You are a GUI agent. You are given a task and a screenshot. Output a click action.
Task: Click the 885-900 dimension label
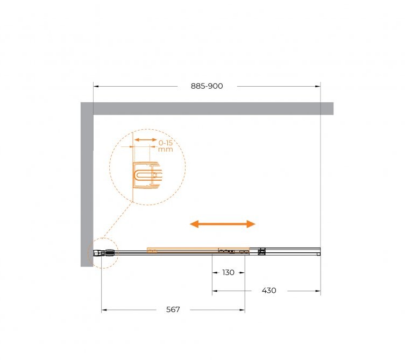(x=207, y=86)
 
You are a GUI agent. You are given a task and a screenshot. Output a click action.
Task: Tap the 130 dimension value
(x=229, y=272)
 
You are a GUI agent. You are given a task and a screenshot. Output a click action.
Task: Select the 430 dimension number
(x=269, y=291)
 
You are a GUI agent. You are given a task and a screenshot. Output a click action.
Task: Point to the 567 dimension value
(x=173, y=309)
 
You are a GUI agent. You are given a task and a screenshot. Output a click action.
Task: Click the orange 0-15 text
(x=165, y=143)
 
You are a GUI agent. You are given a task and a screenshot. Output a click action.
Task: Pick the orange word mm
(x=165, y=150)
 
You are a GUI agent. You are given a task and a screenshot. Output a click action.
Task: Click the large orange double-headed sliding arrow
(x=223, y=224)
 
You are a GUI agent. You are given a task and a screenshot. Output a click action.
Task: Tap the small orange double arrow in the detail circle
(x=146, y=140)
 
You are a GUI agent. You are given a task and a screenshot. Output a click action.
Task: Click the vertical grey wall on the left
(x=87, y=184)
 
